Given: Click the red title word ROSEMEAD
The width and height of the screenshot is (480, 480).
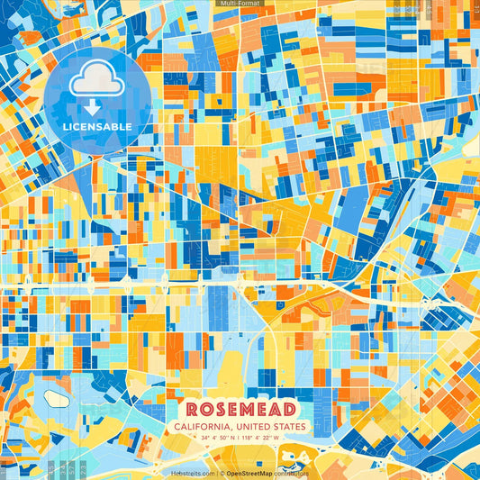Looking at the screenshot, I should point(240,410).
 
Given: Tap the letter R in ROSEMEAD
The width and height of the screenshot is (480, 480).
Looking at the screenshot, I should point(192,410).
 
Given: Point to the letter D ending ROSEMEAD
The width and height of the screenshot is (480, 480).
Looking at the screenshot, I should point(288,410).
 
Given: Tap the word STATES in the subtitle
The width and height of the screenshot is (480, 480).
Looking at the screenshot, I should point(290,427).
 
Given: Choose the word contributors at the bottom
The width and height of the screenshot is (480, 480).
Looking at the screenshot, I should point(292,472).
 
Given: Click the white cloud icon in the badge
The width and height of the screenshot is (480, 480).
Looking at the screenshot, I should point(96,82).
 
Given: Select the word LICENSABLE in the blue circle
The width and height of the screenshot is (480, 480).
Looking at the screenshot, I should point(96,126).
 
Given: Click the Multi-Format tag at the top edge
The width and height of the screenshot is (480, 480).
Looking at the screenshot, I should point(240,4).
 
